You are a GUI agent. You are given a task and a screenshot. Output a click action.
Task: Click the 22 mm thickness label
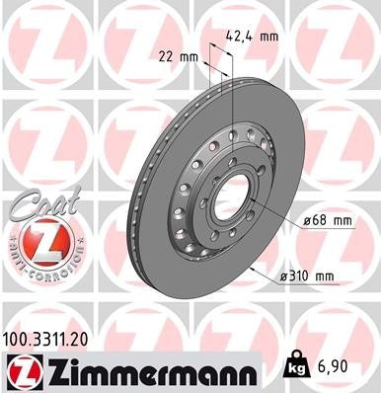(179, 57)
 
